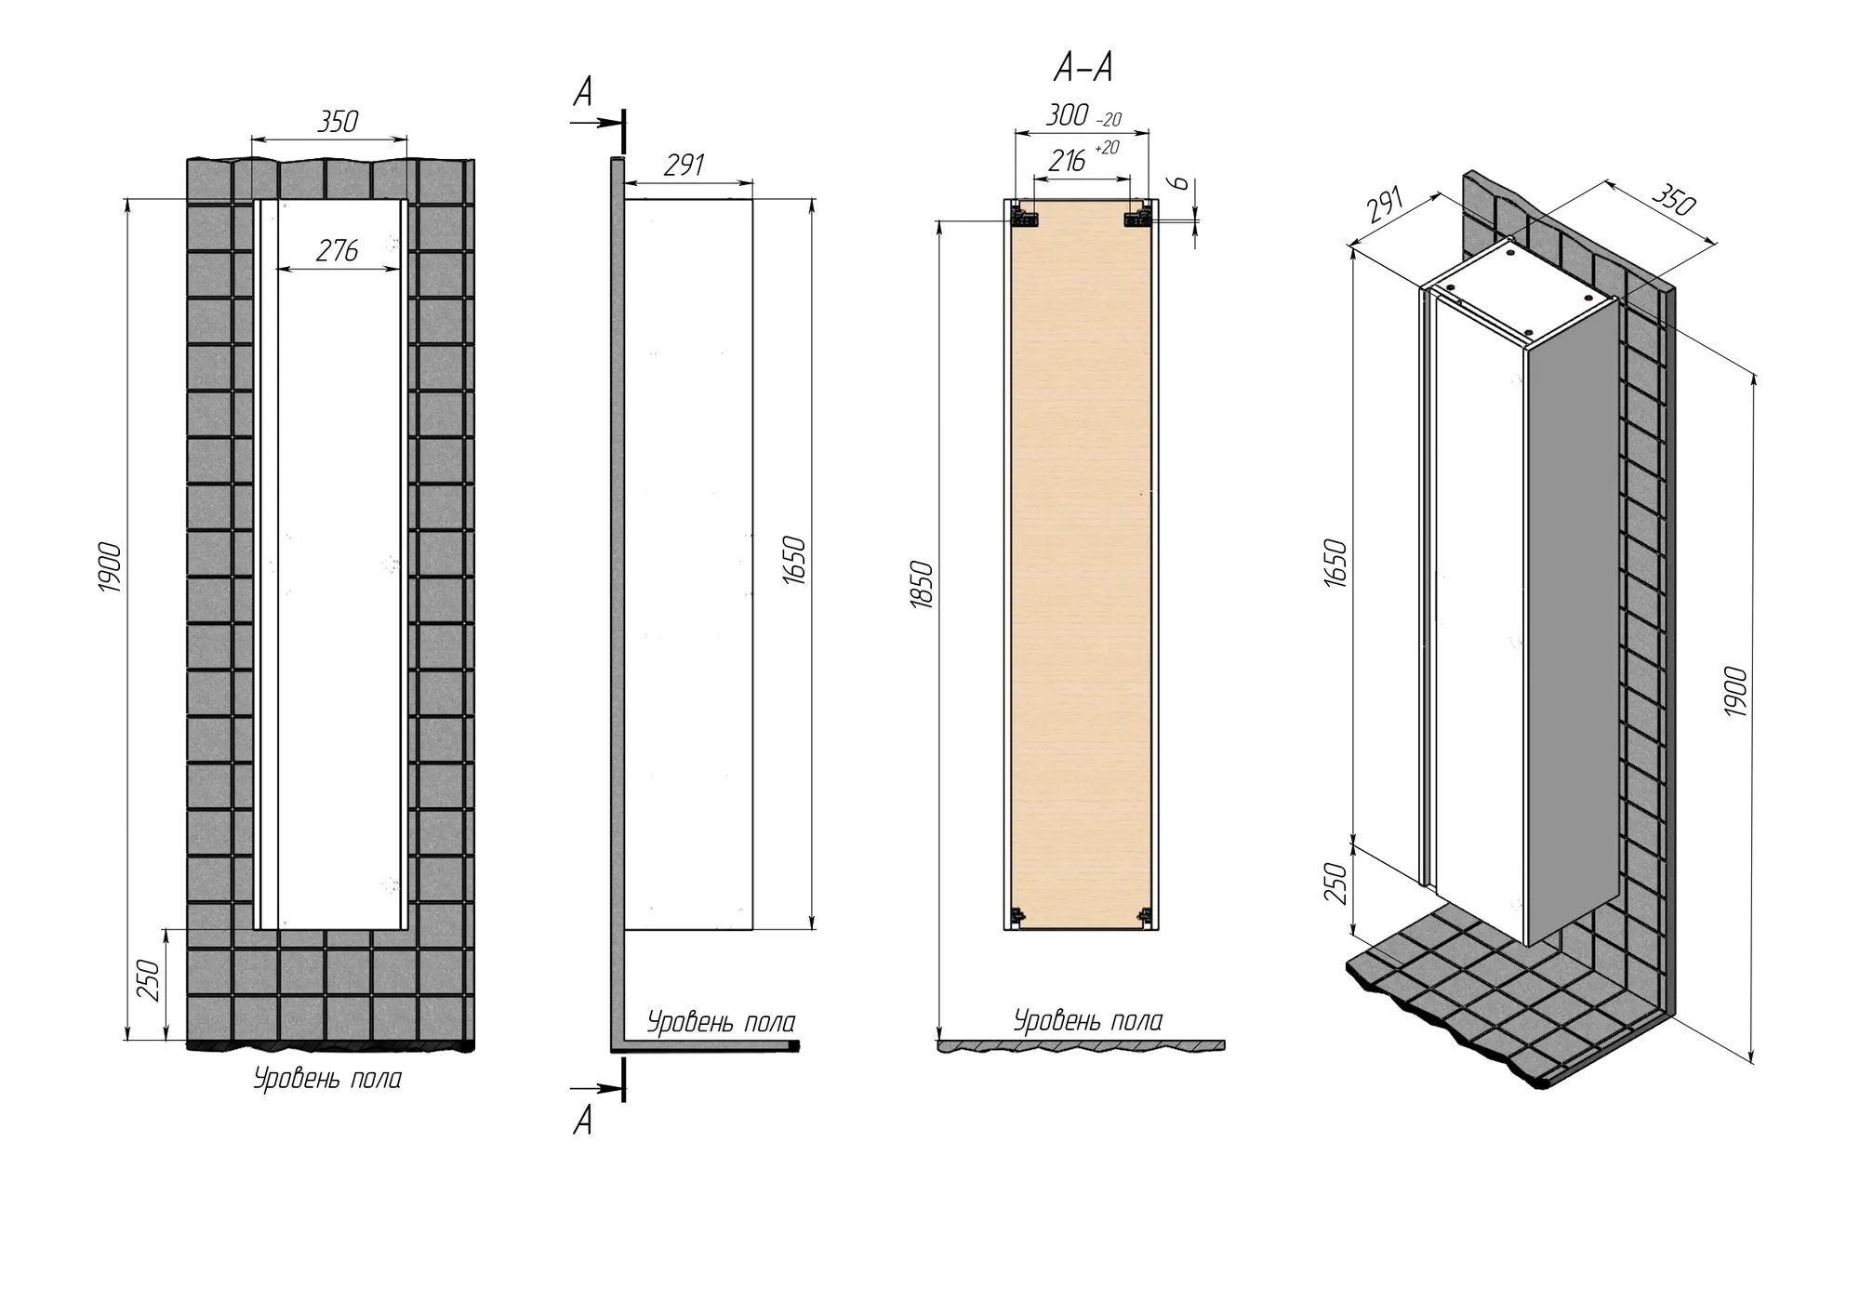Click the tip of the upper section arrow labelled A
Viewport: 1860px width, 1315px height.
(621, 122)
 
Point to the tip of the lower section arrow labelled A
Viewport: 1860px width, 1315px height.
(621, 1087)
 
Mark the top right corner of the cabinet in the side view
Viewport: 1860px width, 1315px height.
(752, 198)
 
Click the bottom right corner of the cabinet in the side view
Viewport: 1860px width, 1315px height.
(752, 929)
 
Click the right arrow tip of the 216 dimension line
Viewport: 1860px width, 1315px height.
(1131, 179)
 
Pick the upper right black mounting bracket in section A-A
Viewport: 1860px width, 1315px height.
(1138, 217)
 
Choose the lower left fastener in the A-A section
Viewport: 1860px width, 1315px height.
(1018, 915)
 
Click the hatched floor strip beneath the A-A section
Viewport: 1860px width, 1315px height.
(1081, 1046)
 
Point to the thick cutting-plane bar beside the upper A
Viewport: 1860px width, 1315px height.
(623, 131)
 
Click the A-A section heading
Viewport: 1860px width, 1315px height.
(1083, 67)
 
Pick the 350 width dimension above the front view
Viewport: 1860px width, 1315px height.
(337, 122)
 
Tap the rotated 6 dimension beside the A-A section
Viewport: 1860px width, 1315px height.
(1179, 182)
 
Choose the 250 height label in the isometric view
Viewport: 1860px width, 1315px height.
(1335, 883)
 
